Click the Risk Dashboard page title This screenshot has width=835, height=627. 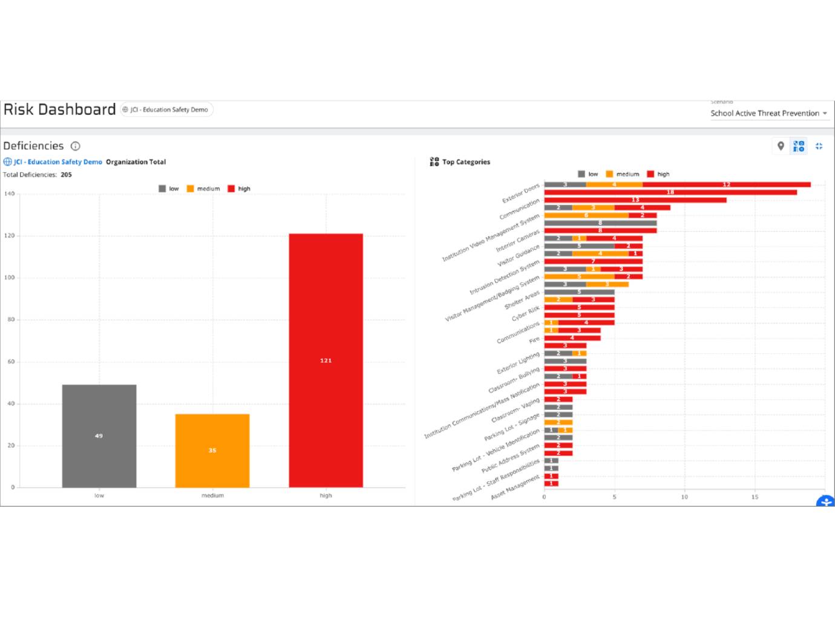[x=59, y=109]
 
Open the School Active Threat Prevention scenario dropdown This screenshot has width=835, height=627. [x=768, y=113]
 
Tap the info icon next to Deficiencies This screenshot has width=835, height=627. [x=76, y=146]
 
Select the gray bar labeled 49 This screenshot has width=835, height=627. [x=99, y=435]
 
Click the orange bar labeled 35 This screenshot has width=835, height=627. [x=212, y=450]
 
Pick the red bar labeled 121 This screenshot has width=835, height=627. [x=326, y=360]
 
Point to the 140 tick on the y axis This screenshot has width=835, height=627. [x=9, y=194]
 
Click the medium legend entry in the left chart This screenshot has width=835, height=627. [x=203, y=189]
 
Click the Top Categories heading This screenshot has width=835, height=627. [x=465, y=162]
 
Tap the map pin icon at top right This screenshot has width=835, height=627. [x=781, y=146]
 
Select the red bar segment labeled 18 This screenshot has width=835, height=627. [x=670, y=192]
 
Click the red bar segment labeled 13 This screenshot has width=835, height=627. [x=635, y=200]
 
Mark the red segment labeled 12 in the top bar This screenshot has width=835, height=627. [x=726, y=184]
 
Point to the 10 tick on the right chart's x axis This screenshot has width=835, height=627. [x=684, y=497]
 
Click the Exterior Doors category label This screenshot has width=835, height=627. [x=521, y=193]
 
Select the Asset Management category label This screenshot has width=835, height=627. [x=515, y=487]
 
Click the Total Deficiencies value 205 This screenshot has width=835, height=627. [x=66, y=175]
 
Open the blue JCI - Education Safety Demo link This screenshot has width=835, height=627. [x=58, y=162]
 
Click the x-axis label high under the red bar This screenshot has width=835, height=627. [x=326, y=495]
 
